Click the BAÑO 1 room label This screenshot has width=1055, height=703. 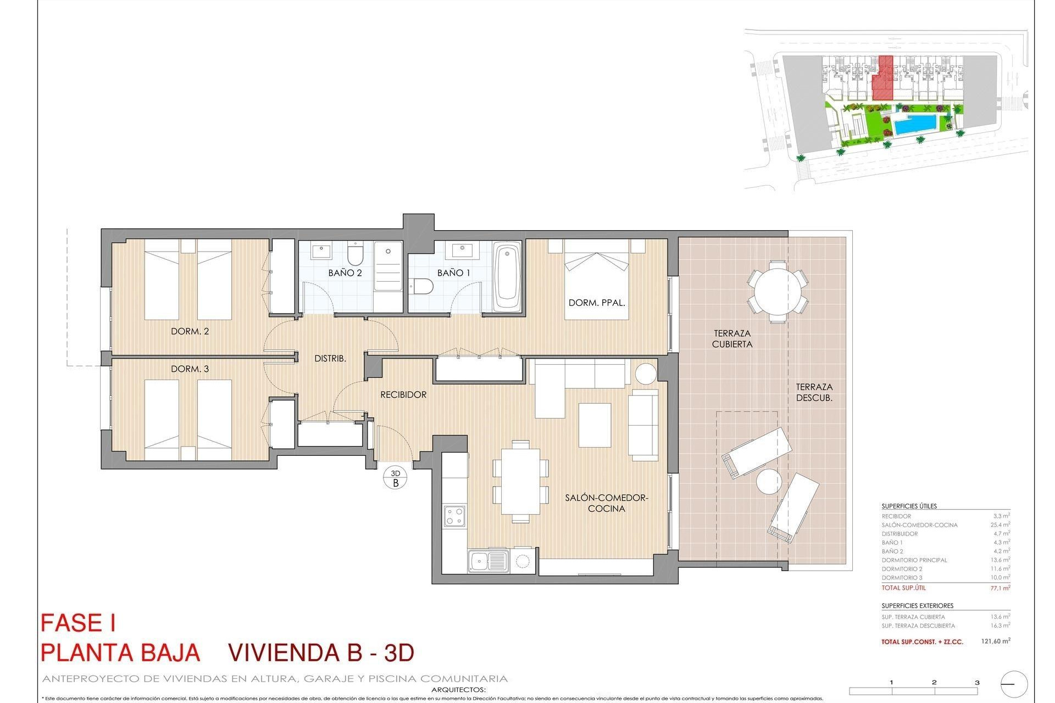coord(453,272)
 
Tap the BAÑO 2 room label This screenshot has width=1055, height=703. coord(345,272)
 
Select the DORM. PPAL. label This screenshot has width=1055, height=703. coord(597,303)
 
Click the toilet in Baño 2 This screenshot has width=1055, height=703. coord(356,255)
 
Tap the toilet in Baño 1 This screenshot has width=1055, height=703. coord(422,286)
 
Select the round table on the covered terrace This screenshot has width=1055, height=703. coord(778,291)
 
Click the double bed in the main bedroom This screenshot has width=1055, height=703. coord(597,280)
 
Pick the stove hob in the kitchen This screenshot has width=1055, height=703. coord(454,516)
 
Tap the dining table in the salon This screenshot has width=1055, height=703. coord(520,481)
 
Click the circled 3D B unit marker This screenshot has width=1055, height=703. coord(396,478)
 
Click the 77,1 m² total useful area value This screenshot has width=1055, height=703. coord(1000,588)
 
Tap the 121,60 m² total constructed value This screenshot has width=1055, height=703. coord(995,641)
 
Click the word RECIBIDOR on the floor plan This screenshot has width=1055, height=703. coord(403,394)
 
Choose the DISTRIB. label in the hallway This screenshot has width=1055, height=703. coord(330,359)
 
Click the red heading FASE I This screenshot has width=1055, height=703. coord(78,623)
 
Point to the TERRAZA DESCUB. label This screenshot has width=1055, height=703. coord(814,392)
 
